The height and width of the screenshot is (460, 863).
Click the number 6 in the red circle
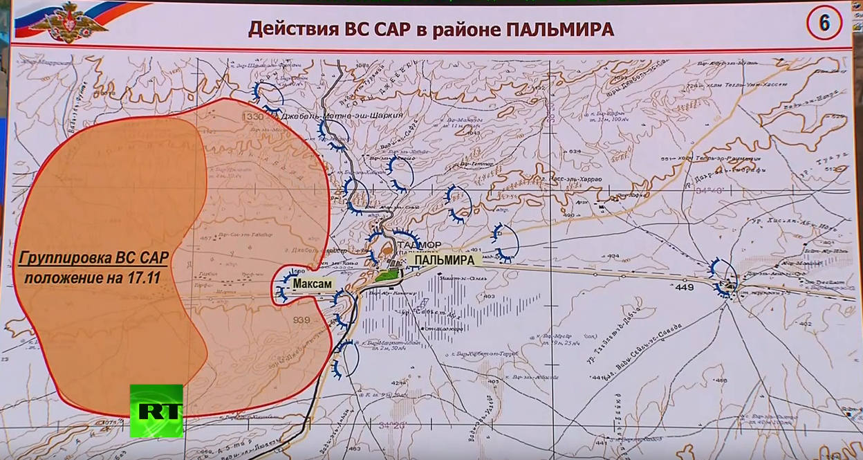tap(824, 24)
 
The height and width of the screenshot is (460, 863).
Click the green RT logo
tap(156, 410)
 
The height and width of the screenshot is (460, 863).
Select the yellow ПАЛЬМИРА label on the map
tap(446, 259)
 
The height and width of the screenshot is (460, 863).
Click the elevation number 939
tap(301, 320)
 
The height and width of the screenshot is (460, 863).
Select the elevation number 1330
tap(252, 118)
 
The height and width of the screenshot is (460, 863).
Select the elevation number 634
tap(575, 151)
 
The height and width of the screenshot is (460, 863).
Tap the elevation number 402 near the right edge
tap(804, 324)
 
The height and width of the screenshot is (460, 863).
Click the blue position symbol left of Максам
tap(284, 286)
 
